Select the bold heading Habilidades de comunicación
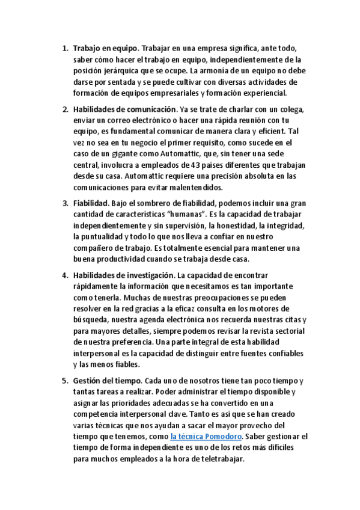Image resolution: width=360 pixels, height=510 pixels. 125,109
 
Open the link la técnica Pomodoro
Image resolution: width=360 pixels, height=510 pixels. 206,437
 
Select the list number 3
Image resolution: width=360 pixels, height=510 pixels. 65,204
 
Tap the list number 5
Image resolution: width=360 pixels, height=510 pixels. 65,381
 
